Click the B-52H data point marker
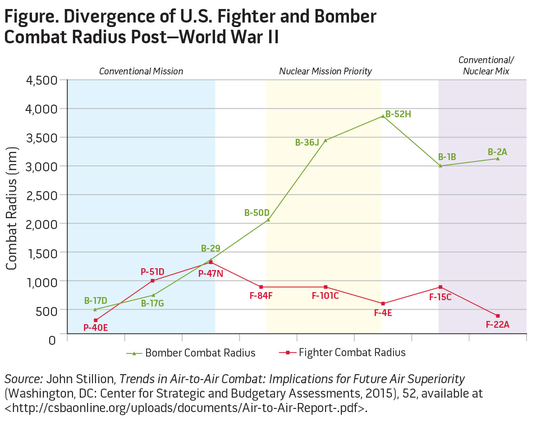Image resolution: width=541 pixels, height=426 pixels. [x=383, y=116]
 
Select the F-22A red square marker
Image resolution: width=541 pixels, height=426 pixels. [x=498, y=316]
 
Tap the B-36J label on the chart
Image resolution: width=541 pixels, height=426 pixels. [x=307, y=142]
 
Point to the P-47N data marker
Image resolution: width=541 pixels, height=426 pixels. [x=211, y=262]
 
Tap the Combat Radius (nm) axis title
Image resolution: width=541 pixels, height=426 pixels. [x=11, y=209]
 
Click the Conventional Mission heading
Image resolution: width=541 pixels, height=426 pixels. [x=141, y=71]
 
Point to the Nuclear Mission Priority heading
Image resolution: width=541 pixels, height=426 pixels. [x=326, y=71]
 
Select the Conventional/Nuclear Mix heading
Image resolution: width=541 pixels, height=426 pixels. [x=486, y=66]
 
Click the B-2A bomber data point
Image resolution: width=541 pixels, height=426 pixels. [x=498, y=158]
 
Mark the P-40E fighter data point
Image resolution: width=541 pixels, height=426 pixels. [x=96, y=320]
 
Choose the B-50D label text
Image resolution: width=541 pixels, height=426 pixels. [x=257, y=212]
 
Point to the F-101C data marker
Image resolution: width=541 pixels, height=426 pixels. [x=326, y=287]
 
